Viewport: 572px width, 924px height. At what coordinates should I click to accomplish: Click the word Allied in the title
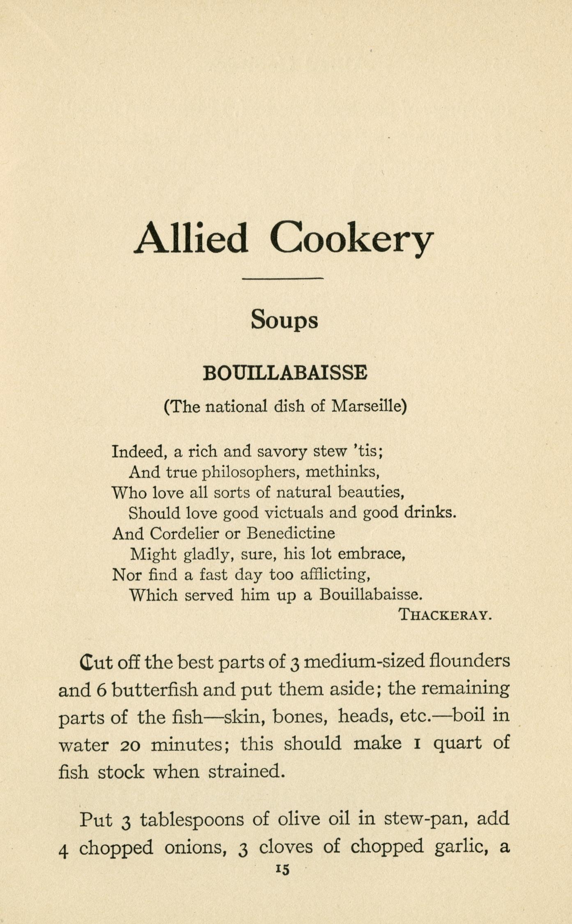pyautogui.click(x=191, y=238)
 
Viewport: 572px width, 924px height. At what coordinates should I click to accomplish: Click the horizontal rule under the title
pyautogui.click(x=283, y=279)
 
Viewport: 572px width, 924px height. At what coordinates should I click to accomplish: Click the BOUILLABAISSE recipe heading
pyautogui.click(x=285, y=373)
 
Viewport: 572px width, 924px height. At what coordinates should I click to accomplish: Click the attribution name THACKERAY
pyautogui.click(x=445, y=615)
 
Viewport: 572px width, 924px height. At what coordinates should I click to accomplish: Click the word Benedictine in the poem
pyautogui.click(x=291, y=533)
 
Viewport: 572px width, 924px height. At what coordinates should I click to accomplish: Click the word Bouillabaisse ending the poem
pyautogui.click(x=370, y=595)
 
